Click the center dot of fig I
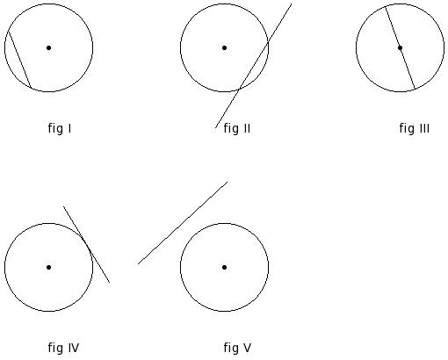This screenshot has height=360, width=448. pyautogui.click(x=48, y=47)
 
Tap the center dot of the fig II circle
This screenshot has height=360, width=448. pyautogui.click(x=224, y=47)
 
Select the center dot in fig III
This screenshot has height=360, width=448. pyautogui.click(x=400, y=47)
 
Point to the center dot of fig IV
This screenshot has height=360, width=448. pyautogui.click(x=48, y=267)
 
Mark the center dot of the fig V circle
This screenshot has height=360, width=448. pyautogui.click(x=224, y=267)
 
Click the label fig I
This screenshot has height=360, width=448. pyautogui.click(x=60, y=128)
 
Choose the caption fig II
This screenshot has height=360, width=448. pyautogui.click(x=237, y=128)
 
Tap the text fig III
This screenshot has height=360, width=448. pyautogui.click(x=415, y=128)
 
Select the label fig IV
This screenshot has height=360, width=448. pyautogui.click(x=63, y=348)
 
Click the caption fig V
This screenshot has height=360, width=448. pyautogui.click(x=237, y=348)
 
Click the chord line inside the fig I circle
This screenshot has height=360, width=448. pyautogui.click(x=20, y=59)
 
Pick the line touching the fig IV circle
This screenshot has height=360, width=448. pyautogui.click(x=87, y=244)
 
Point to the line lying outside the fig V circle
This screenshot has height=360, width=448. pyautogui.click(x=183, y=223)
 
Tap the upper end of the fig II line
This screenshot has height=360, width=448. pyautogui.click(x=292, y=4)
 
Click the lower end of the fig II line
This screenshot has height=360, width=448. pyautogui.click(x=215, y=128)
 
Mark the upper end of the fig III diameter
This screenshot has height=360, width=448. pyautogui.click(x=386, y=6)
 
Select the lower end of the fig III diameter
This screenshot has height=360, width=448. pyautogui.click(x=415, y=89)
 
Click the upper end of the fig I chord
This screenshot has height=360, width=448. pyautogui.click(x=9, y=31)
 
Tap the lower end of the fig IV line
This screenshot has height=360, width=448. pyautogui.click(x=110, y=283)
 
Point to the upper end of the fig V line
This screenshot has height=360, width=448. pyautogui.click(x=228, y=182)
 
